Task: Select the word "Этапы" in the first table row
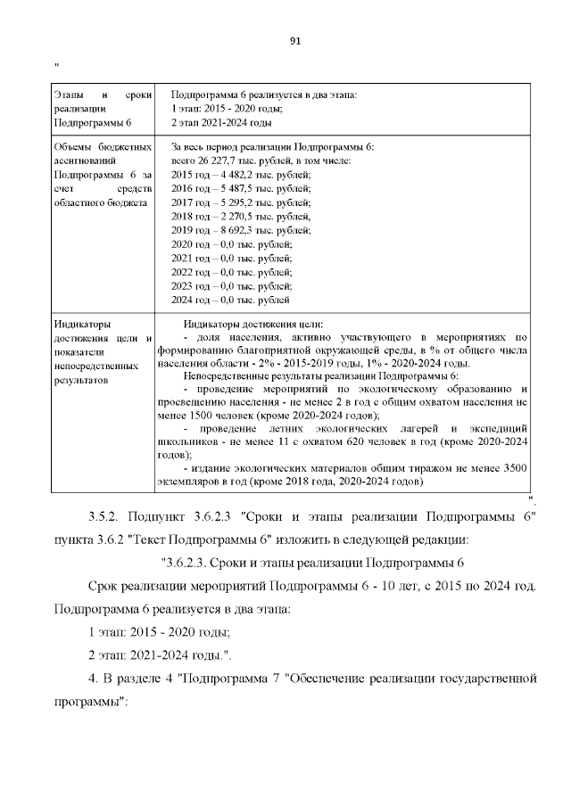point(68,94)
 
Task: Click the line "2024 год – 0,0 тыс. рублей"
point(230,301)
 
